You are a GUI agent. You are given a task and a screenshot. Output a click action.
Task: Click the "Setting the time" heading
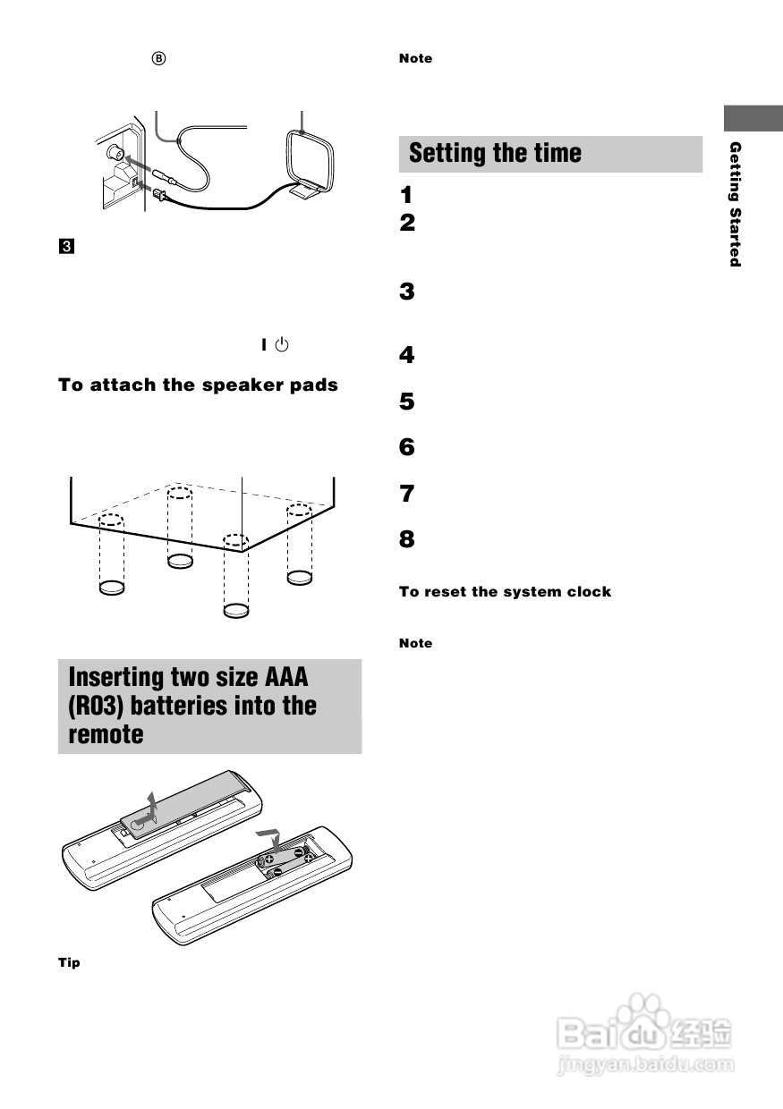(x=495, y=154)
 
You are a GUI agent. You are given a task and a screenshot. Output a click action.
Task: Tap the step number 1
(x=407, y=194)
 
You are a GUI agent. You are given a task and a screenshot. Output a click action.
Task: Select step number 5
(x=407, y=402)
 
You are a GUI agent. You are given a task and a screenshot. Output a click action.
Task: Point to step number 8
(x=407, y=539)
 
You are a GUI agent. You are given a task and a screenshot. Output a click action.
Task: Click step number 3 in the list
(x=407, y=292)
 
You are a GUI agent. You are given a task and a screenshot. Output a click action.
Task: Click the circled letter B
(x=158, y=58)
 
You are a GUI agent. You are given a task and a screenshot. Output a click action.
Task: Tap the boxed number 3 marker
(x=64, y=245)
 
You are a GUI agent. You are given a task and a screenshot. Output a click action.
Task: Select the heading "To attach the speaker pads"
(x=198, y=385)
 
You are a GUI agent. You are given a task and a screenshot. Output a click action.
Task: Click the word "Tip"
(x=69, y=962)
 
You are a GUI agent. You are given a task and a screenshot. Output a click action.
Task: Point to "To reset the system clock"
(x=505, y=591)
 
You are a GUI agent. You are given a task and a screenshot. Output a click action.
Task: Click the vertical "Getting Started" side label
(x=735, y=204)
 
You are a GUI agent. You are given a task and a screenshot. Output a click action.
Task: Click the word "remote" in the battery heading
(x=106, y=734)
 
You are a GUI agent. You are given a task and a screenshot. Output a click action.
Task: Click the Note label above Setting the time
(x=415, y=58)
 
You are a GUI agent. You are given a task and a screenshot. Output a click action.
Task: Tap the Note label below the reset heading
(x=415, y=643)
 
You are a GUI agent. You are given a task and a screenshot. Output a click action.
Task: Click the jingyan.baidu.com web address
(x=644, y=1065)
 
